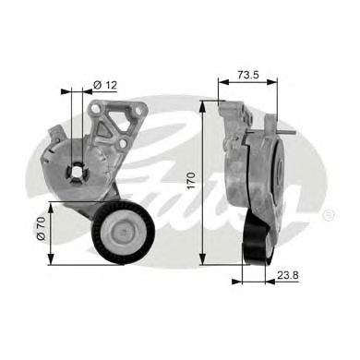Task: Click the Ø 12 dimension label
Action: pyautogui.click(x=104, y=86)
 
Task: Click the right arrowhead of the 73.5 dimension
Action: pyautogui.click(x=277, y=82)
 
